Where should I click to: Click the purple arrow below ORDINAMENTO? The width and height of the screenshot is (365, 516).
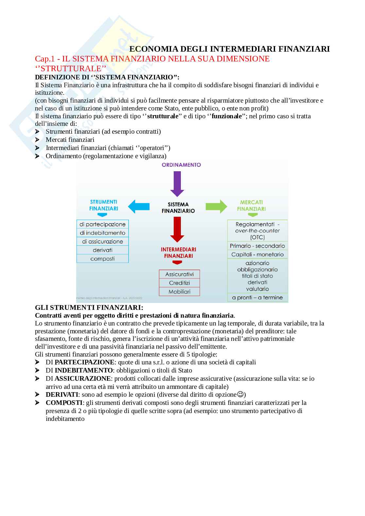178,183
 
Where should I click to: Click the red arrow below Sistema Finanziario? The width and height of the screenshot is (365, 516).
178,229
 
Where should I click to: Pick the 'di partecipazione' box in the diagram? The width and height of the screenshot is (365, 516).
102,224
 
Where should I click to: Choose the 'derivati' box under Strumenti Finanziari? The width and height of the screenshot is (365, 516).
102,250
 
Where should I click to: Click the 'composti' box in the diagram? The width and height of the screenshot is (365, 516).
102,258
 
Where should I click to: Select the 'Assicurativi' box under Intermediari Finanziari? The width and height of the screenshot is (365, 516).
179,274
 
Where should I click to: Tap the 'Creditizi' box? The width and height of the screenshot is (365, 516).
179,283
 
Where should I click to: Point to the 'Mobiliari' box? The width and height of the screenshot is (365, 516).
179,291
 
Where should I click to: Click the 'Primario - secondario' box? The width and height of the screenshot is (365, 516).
257,246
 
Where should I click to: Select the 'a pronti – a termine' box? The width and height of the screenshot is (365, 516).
257,297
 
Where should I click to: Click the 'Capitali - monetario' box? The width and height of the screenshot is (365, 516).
257,254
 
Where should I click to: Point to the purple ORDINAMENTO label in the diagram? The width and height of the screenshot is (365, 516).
181,165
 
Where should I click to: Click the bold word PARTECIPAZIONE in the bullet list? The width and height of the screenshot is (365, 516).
84,362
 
